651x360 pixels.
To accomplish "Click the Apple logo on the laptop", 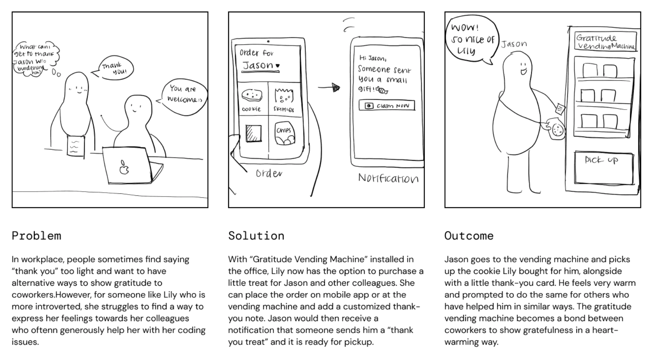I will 124,167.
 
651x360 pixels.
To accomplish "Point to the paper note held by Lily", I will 76,145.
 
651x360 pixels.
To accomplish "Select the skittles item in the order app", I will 284,99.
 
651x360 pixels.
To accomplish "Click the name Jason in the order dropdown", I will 258,65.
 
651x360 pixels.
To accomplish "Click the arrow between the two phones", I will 330,88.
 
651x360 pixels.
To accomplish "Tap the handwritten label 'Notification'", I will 388,178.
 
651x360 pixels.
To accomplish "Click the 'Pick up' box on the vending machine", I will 603,168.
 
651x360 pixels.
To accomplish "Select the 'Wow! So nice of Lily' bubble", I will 471,39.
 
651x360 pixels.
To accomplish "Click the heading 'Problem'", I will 36,235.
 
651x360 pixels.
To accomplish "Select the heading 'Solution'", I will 256,235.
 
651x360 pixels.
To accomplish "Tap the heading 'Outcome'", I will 469,235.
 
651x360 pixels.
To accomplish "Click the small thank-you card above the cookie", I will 560,108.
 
